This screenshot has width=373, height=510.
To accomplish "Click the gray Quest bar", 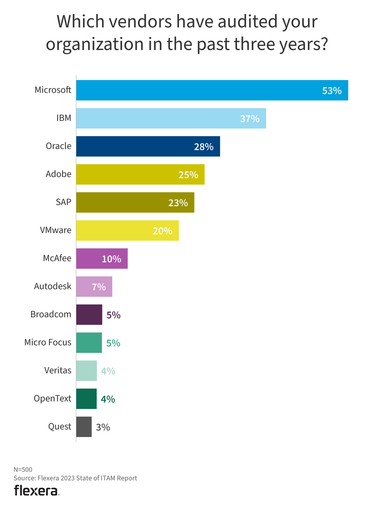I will (84, 427).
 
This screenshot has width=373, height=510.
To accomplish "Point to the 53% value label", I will (332, 91).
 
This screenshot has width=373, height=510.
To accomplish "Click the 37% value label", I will (249, 119).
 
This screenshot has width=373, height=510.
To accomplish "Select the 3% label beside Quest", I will (103, 427).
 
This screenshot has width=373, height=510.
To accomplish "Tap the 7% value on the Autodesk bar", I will (99, 287).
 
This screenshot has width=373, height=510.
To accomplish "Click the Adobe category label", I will (58, 174).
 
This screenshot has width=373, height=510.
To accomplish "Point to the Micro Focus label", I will (48, 342).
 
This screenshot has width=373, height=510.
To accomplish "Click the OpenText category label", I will (52, 399).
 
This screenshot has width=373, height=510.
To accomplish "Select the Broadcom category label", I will (51, 314).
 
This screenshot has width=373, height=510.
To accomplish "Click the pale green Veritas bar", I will (86, 371).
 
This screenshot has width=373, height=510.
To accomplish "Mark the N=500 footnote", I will (23, 470).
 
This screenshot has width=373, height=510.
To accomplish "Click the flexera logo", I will (36, 491).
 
